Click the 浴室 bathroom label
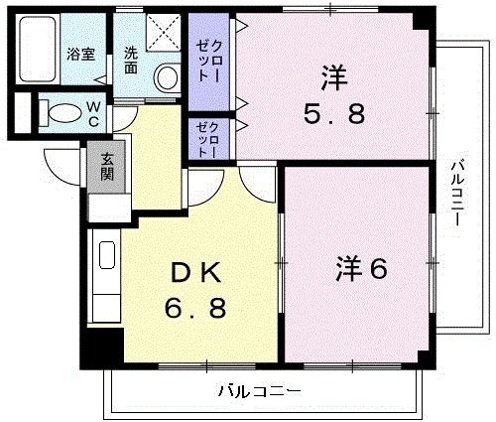[80, 55]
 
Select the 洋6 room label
[361, 267]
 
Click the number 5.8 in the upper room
[334, 114]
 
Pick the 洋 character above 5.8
[333, 75]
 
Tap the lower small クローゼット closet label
[204, 139]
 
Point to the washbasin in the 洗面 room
[168, 74]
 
